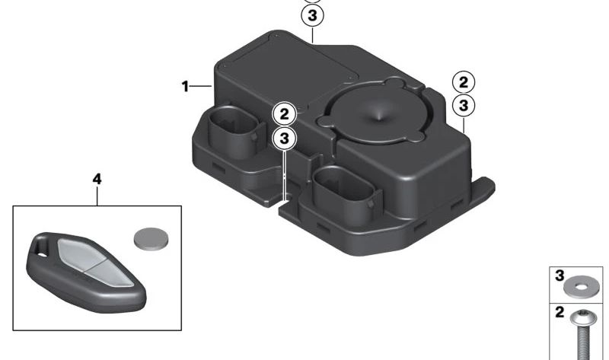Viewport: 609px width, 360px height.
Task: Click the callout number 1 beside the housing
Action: (185, 86)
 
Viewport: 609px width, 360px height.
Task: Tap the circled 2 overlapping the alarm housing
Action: (284, 114)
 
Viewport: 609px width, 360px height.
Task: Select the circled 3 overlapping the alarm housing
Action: (284, 139)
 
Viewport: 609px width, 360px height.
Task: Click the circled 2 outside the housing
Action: (464, 82)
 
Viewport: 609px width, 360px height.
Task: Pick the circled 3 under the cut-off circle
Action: (312, 15)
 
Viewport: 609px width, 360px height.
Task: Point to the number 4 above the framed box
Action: (97, 179)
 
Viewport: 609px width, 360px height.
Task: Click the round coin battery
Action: (151, 239)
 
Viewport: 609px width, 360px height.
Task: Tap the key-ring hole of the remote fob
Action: (40, 248)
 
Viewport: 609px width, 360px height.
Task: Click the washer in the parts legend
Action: (581, 288)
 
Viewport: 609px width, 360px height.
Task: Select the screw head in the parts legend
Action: (582, 319)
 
